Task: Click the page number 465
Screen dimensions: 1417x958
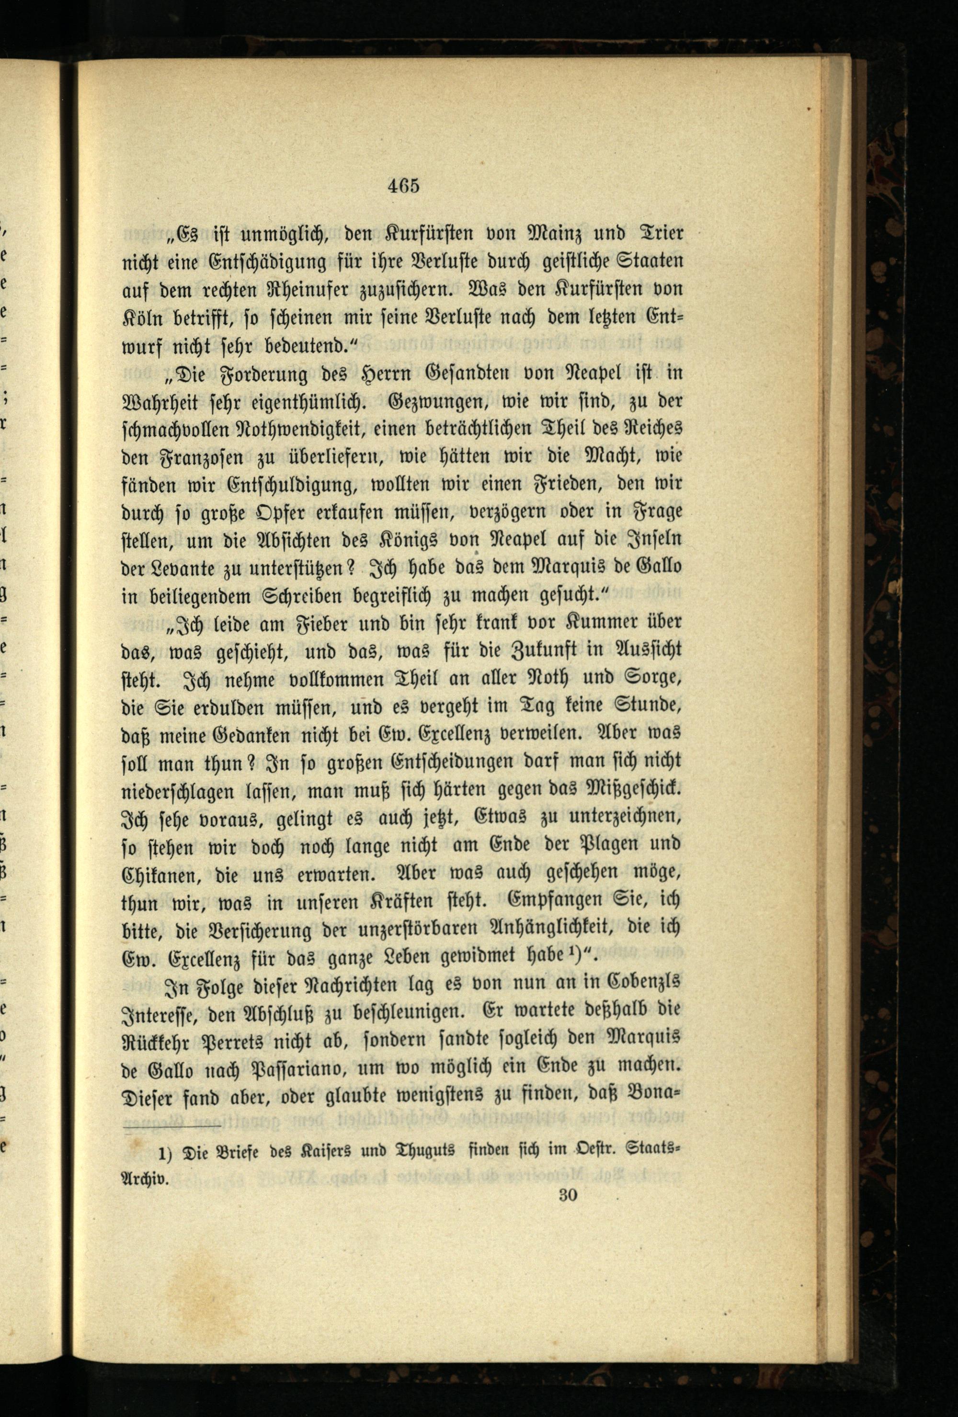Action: tap(404, 185)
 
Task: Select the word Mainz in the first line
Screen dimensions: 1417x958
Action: tap(516, 234)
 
